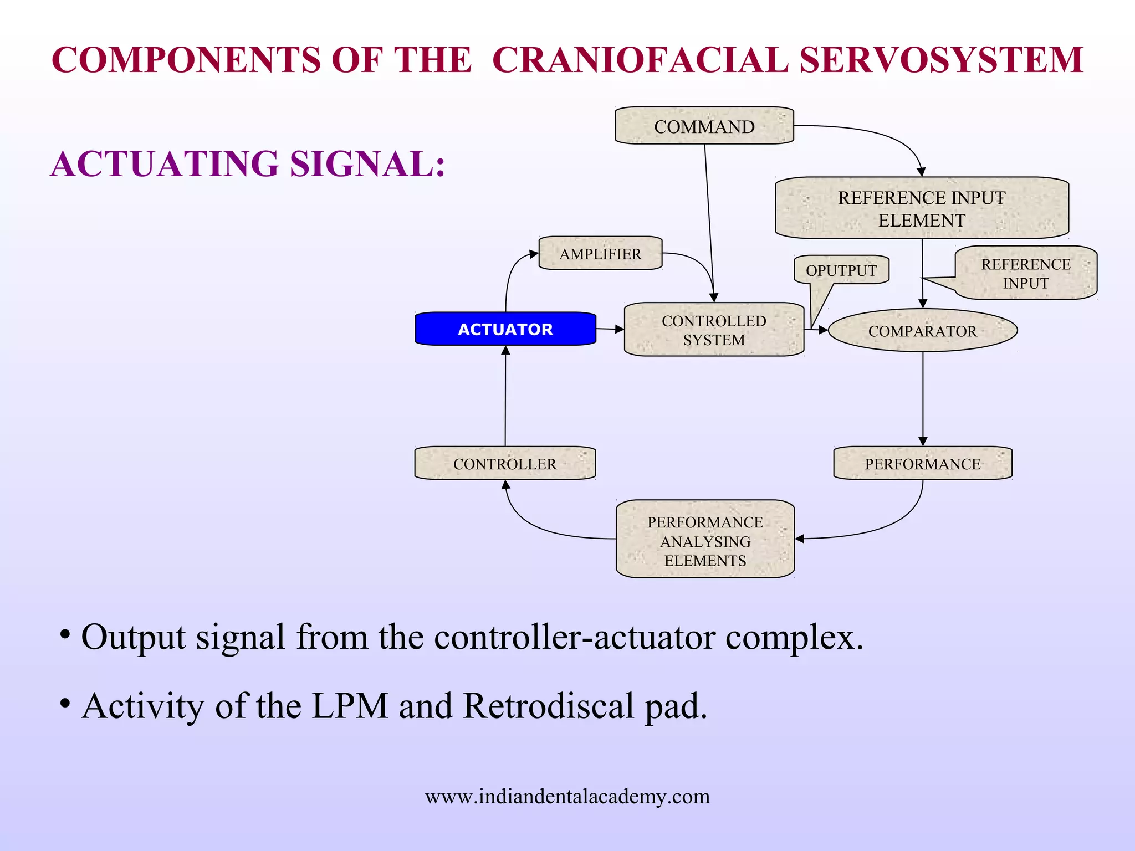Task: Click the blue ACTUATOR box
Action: (505, 329)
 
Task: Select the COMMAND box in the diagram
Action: (704, 126)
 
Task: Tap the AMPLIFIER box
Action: (600, 254)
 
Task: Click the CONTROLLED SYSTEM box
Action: (714, 330)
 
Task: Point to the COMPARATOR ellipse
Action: (922, 331)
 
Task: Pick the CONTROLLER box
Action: (504, 464)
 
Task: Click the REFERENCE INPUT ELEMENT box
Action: (921, 208)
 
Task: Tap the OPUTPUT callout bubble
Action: (841, 270)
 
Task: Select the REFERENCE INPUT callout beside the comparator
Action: (1025, 273)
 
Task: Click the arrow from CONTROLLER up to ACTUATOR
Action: (505, 399)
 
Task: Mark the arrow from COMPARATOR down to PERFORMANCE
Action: (923, 399)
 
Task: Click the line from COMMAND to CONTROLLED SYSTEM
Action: (709, 222)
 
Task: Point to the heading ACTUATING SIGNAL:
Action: (248, 165)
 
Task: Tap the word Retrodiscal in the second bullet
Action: (548, 706)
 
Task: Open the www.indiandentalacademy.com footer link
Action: (567, 797)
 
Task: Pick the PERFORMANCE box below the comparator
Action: (922, 464)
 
